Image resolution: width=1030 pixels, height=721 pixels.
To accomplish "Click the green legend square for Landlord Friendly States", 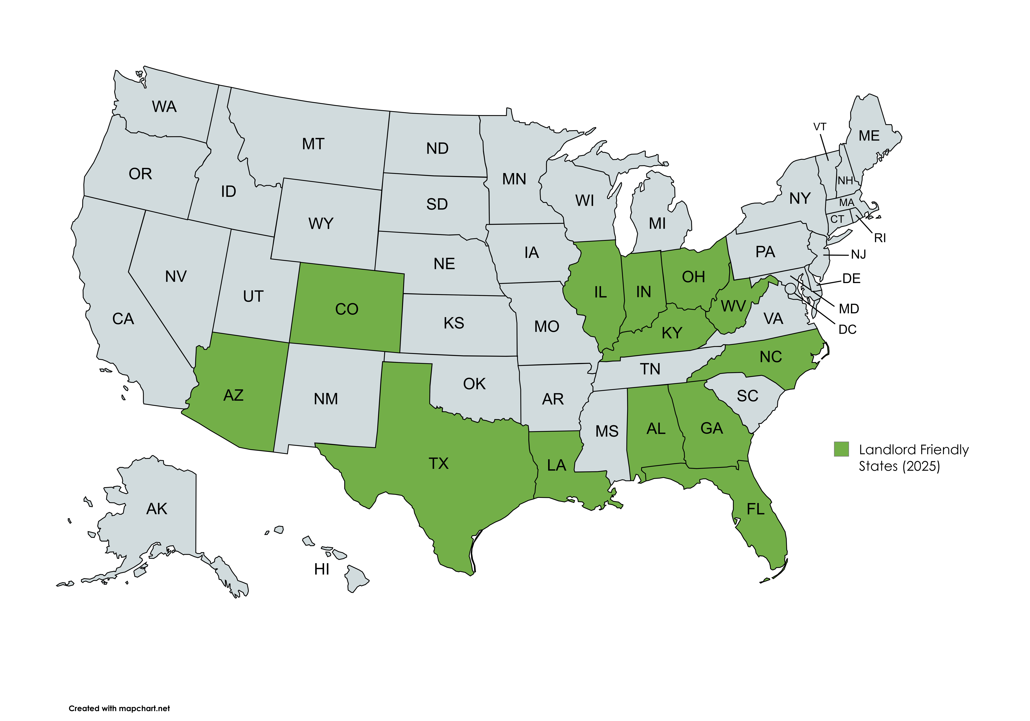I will tap(841, 449).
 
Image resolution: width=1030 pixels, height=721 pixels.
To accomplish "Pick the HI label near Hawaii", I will tap(322, 569).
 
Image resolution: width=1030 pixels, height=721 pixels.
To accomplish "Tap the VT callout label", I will tap(820, 127).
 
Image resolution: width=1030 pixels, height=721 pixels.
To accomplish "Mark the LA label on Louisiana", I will tap(556, 465).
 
